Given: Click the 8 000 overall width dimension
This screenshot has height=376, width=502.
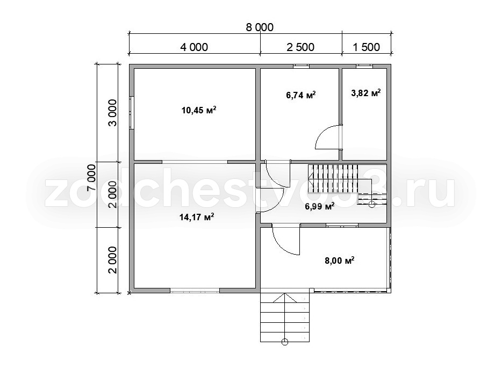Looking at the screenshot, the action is point(260,27).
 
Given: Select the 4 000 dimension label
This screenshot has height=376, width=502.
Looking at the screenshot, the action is point(194,47).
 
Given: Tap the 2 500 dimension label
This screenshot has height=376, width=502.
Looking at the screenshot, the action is point(300,47).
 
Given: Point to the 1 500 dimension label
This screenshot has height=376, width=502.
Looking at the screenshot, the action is point(366,47).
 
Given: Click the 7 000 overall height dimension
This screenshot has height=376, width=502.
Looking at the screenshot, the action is point(91,178).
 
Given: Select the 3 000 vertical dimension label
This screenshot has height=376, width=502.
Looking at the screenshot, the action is point(113,113).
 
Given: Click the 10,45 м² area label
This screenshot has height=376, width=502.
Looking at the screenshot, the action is point(199,111).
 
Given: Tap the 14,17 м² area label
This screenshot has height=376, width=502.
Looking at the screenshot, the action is point(197,218).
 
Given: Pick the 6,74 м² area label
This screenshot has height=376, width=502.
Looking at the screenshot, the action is point(300,95).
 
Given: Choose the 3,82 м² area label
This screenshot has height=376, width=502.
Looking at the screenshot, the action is point(366,93).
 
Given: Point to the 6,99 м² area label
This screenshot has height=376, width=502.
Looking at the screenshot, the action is point(320,206).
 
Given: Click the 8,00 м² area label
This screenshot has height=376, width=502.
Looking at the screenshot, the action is point(339,261).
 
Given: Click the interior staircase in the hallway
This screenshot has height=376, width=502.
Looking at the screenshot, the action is point(347,184).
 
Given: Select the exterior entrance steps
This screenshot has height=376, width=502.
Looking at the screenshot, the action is point(285,317).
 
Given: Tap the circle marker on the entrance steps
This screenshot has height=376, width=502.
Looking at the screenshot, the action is point(285,342).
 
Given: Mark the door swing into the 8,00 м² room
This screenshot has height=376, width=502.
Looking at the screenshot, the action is point(285,240).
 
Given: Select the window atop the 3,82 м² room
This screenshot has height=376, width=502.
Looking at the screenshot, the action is point(364,66).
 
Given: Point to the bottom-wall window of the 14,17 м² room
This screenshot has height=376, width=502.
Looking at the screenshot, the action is point(195,291).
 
